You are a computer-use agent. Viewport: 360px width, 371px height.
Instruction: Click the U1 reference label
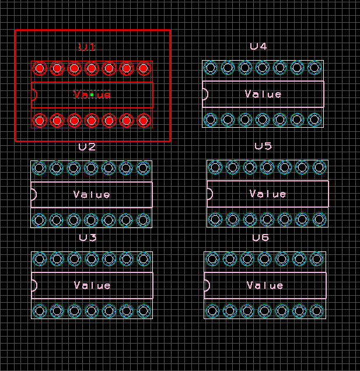click(87, 47)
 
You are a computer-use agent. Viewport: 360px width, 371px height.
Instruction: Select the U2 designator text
click(87, 147)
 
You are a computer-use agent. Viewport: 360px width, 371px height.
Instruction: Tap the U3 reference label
click(88, 238)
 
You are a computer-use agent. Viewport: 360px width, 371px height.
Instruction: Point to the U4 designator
click(258, 46)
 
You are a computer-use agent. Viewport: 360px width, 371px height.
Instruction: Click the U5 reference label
click(263, 146)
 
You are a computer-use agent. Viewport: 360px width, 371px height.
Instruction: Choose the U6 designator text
click(260, 237)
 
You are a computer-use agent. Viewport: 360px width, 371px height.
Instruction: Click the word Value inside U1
click(92, 94)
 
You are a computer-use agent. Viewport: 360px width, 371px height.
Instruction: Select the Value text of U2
click(92, 194)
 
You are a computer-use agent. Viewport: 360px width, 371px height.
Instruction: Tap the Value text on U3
click(92, 285)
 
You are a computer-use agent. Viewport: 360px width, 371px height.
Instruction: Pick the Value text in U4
click(263, 94)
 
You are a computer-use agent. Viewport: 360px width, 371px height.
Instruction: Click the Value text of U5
click(268, 194)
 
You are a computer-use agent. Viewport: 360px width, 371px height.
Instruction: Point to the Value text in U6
click(265, 285)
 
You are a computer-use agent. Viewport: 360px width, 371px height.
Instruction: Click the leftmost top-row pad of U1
click(39, 69)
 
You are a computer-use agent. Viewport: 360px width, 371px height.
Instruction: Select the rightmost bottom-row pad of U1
click(144, 121)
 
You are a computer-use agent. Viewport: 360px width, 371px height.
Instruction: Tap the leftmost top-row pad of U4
click(211, 68)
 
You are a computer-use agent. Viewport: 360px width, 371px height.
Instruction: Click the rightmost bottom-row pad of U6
click(317, 310)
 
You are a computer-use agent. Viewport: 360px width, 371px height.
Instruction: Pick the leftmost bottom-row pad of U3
click(39, 311)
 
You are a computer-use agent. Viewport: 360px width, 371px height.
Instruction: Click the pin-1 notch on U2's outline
click(33, 194)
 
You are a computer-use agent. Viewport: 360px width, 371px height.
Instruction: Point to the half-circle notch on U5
click(209, 194)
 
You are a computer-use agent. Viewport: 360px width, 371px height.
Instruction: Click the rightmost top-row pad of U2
click(144, 169)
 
